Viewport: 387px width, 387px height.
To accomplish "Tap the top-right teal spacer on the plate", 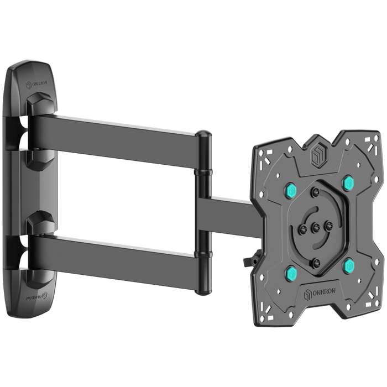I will (x=347, y=183).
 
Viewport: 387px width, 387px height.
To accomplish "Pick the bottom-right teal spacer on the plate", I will (x=348, y=266).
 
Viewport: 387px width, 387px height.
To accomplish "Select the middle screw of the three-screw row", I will (x=315, y=226).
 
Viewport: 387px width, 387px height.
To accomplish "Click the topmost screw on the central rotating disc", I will (x=315, y=192).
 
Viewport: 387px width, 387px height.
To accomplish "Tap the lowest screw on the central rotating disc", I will (x=316, y=262).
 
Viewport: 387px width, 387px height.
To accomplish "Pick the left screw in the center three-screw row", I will (x=302, y=227).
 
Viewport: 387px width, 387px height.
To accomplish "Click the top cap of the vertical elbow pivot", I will (x=203, y=135).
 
